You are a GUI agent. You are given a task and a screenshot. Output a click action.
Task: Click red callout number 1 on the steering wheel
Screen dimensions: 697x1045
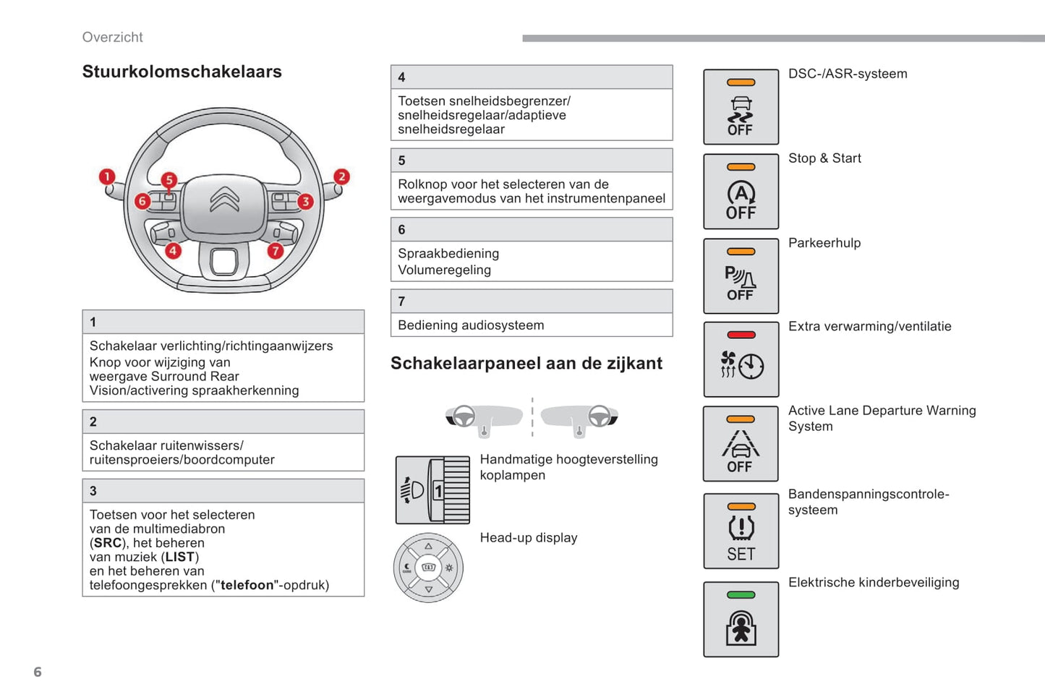tap(107, 176)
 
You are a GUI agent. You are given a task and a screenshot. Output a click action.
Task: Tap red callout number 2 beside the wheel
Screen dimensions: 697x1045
tap(341, 176)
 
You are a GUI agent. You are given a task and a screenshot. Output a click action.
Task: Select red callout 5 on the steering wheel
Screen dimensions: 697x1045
tap(169, 179)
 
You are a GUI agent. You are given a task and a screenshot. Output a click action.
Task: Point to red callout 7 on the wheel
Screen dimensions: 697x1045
tap(275, 250)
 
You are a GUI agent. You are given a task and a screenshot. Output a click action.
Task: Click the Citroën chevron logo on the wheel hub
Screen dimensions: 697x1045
tap(224, 200)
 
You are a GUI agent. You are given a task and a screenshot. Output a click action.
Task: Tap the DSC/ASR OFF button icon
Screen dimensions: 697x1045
tap(741, 107)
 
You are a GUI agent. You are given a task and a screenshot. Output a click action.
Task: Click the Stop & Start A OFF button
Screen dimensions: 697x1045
tap(741, 192)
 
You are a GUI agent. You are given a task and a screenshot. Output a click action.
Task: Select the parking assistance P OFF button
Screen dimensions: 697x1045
tap(741, 276)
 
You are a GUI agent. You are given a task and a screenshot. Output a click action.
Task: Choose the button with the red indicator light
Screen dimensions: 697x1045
tap(741, 359)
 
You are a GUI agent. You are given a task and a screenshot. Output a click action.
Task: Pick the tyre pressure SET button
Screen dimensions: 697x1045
tap(741, 531)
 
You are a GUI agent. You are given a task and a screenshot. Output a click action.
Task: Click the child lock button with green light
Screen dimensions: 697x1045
tap(741, 620)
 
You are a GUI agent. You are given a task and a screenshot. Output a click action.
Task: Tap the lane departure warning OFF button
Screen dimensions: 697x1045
tap(741, 444)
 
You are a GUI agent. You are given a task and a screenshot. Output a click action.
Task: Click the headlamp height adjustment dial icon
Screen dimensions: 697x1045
tap(432, 490)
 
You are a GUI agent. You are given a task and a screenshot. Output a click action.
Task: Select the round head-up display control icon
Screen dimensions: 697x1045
tap(428, 568)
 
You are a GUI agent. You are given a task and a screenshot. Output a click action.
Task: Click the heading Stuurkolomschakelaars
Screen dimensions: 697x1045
tap(182, 72)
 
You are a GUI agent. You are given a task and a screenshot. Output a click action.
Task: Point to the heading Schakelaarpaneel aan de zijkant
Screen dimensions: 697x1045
tap(526, 363)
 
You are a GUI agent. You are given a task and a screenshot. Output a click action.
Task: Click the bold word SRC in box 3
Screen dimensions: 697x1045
tap(108, 543)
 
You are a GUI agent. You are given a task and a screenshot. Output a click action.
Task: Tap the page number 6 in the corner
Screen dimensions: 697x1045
tap(38, 672)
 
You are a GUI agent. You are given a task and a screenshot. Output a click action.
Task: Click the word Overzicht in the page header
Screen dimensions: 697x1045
tap(113, 38)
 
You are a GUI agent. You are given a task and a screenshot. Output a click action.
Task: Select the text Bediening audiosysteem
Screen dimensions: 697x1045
tap(471, 325)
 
